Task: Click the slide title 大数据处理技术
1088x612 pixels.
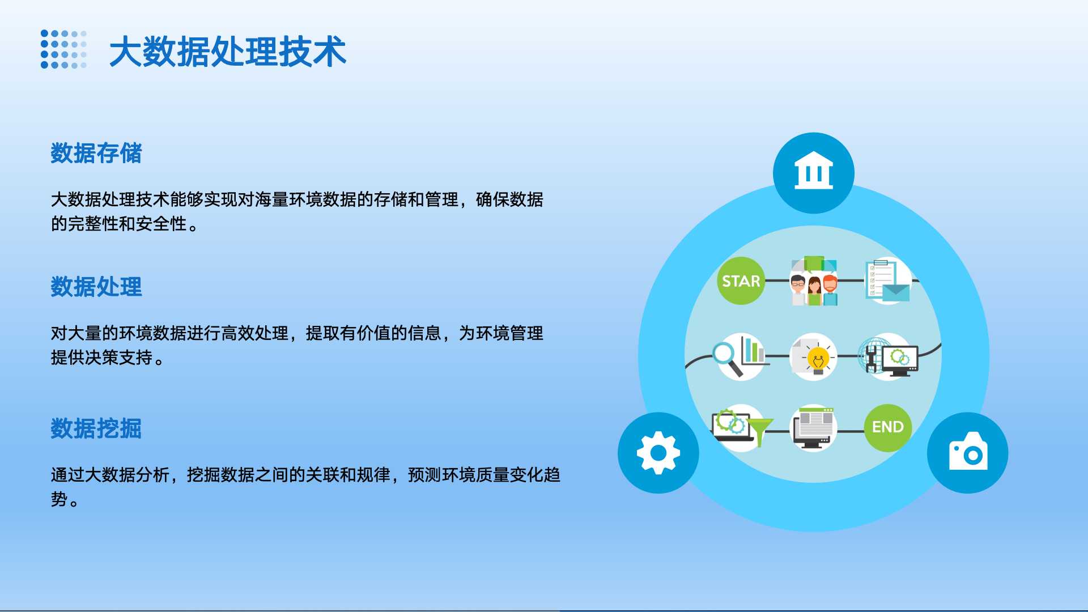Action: [228, 52]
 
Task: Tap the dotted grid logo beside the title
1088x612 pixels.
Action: [64, 49]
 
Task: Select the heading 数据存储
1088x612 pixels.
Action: [96, 153]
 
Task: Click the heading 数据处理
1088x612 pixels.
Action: [96, 287]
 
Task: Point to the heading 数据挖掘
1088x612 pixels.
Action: [96, 428]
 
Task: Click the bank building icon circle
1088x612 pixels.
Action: [814, 173]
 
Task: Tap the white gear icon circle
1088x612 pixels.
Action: [658, 453]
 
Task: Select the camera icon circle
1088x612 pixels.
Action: [968, 453]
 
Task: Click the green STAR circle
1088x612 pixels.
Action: [741, 280]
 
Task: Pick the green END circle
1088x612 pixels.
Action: [888, 427]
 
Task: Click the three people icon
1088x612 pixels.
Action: [814, 280]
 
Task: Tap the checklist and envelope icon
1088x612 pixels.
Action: [887, 280]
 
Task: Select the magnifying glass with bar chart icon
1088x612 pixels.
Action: [739, 356]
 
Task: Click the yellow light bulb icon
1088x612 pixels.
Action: [814, 356]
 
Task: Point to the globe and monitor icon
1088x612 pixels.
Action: [888, 356]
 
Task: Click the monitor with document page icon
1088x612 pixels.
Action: [814, 428]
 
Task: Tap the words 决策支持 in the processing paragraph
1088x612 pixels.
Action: [119, 358]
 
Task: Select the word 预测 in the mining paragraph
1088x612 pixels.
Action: [425, 474]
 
